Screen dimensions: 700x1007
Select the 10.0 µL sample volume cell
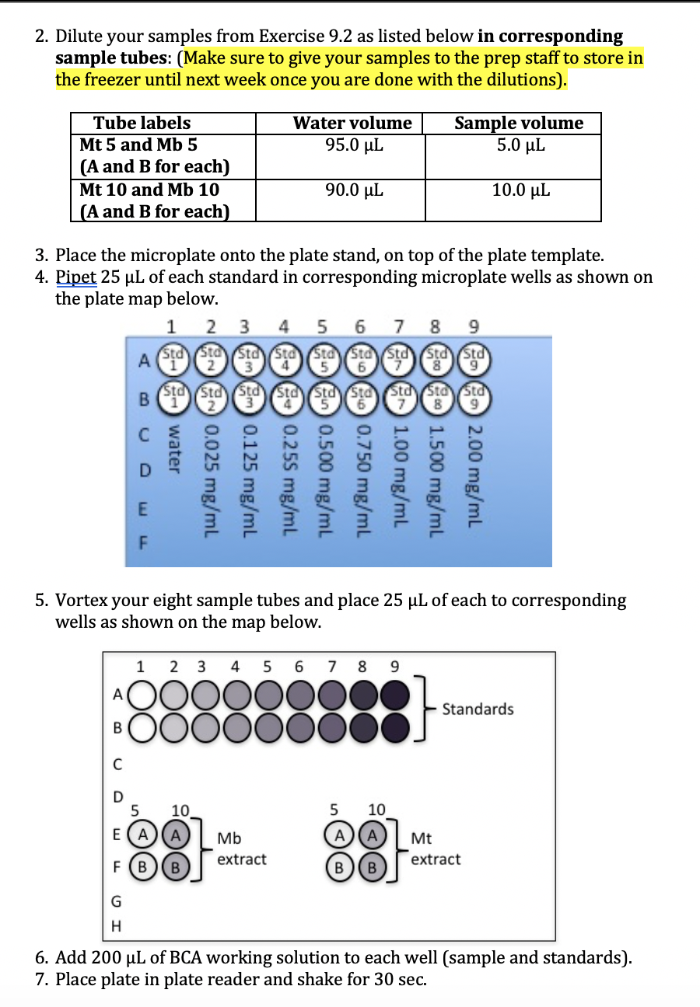click(520, 190)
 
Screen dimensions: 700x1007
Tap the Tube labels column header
click(142, 123)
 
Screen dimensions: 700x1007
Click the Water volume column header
click(352, 123)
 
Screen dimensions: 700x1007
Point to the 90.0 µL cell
click(353, 190)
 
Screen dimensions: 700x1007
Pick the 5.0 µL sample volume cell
click(520, 145)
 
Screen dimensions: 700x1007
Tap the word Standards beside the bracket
click(478, 709)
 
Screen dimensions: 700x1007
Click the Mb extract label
click(241, 848)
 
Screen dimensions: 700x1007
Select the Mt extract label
click(435, 848)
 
